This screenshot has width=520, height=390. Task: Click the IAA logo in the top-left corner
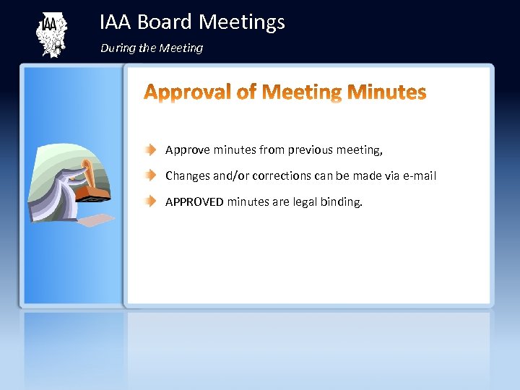point(51,35)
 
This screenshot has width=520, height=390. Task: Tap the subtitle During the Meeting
point(152,48)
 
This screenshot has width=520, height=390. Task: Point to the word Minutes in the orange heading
point(386,92)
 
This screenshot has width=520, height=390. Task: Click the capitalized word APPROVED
point(194,201)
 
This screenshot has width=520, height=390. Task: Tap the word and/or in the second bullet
point(230,176)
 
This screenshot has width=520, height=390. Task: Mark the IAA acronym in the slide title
point(116,22)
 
